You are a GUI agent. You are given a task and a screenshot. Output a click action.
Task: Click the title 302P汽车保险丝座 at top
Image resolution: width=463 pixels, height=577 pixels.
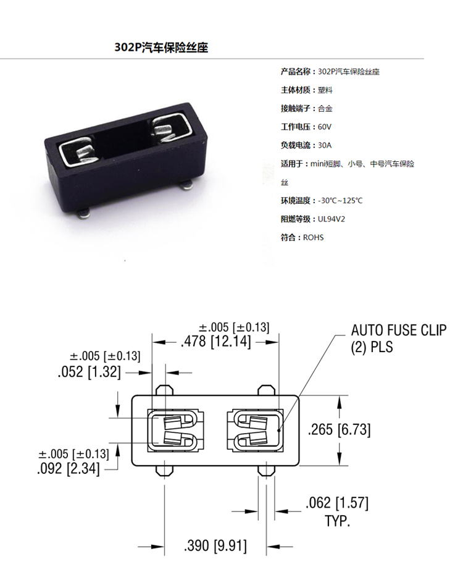[161, 48]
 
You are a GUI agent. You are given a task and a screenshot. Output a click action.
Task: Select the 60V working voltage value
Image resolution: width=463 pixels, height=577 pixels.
[324, 127]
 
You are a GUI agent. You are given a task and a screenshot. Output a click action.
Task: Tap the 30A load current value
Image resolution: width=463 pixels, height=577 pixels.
[324, 145]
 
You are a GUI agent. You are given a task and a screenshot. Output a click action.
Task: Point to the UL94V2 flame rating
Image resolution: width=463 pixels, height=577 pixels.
[332, 219]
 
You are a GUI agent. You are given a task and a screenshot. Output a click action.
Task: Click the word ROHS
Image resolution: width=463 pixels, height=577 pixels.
[314, 237]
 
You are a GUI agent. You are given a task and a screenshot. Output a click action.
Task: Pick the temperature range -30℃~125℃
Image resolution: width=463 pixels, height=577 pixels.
[340, 201]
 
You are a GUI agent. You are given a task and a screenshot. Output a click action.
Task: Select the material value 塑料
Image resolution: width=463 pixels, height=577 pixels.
[325, 90]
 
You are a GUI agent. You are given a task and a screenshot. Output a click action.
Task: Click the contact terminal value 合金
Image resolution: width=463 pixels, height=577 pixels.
[325, 109]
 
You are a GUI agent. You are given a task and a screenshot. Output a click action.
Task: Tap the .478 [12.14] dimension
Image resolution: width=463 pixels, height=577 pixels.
[216, 342]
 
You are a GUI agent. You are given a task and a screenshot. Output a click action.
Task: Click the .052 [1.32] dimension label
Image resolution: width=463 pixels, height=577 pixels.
[90, 372]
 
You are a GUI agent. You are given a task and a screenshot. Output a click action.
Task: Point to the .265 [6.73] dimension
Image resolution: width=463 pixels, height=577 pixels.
[339, 429]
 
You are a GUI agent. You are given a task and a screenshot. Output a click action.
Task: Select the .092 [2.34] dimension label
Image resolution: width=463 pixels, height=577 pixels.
[69, 469]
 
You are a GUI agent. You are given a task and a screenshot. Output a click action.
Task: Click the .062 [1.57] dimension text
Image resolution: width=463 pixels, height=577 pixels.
[337, 503]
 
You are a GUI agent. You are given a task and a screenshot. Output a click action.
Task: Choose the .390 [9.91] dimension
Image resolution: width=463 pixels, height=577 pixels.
[215, 545]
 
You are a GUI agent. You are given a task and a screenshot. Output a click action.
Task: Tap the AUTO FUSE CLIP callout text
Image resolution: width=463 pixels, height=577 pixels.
[399, 330]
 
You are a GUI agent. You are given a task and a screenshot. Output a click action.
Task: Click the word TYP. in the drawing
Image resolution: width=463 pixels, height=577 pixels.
[337, 521]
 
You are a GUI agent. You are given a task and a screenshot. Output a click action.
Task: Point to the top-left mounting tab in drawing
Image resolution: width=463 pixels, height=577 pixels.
[164, 390]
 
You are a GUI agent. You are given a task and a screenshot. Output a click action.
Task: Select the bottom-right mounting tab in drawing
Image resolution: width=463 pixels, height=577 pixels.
[265, 471]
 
